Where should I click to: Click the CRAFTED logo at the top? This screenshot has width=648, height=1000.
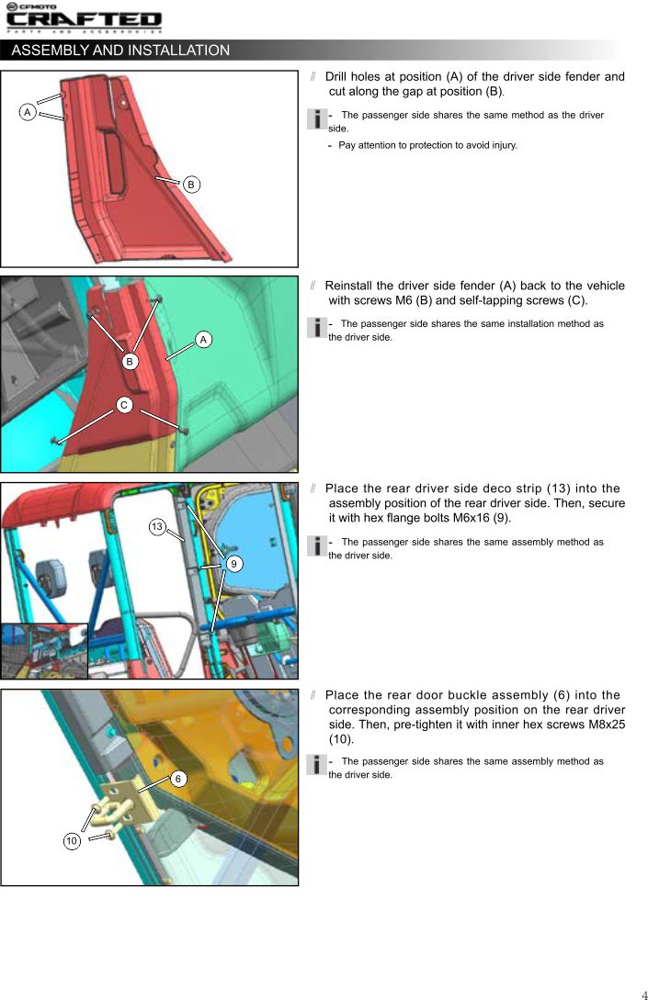pos(84,17)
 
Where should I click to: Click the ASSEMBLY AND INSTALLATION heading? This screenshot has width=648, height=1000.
pos(120,51)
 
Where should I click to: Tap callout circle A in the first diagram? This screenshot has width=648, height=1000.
pos(28,112)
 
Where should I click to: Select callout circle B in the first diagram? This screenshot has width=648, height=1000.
pos(191,185)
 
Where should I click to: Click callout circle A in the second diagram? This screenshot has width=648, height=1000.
pos(203,339)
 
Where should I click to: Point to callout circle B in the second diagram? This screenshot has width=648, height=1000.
pos(130,361)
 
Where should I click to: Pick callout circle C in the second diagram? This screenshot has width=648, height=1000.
pos(124,404)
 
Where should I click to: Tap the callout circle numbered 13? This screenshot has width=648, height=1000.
pos(157,527)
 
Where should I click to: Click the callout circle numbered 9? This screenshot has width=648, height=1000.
pos(233,564)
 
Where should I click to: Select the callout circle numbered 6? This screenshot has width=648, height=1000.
pos(178,779)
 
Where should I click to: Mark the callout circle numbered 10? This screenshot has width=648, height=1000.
pos(72,840)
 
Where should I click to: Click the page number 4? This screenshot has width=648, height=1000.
pos(643,994)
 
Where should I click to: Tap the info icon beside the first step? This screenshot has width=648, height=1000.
pos(317,118)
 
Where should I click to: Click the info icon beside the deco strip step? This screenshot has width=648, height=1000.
pos(317,546)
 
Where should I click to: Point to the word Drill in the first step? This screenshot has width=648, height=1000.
pos(336,76)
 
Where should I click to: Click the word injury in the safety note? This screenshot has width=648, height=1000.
pos(503,145)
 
